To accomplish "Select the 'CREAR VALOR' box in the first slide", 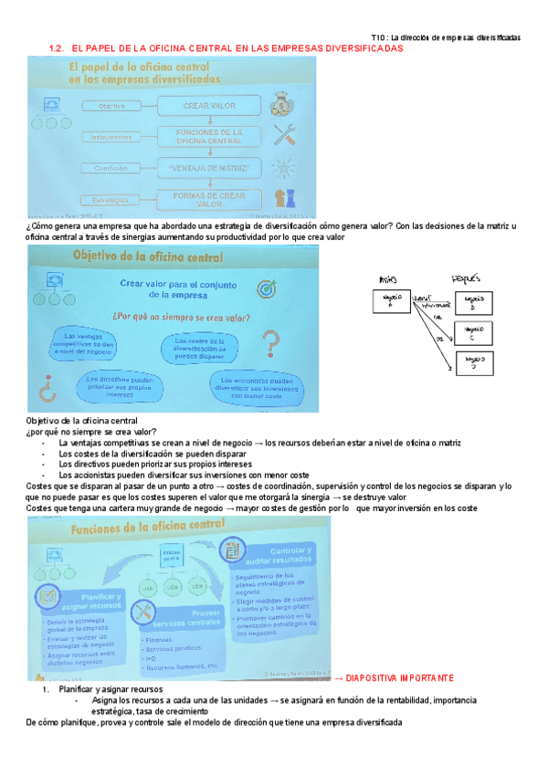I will click(209, 107).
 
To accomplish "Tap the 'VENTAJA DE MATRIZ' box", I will click(209, 169).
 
